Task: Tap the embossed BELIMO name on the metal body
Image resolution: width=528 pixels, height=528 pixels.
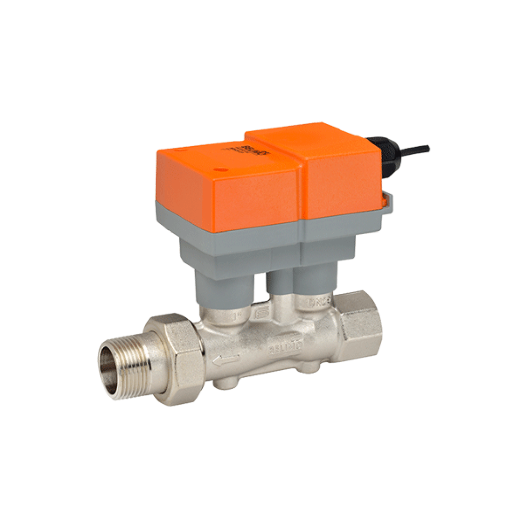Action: [288, 349]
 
